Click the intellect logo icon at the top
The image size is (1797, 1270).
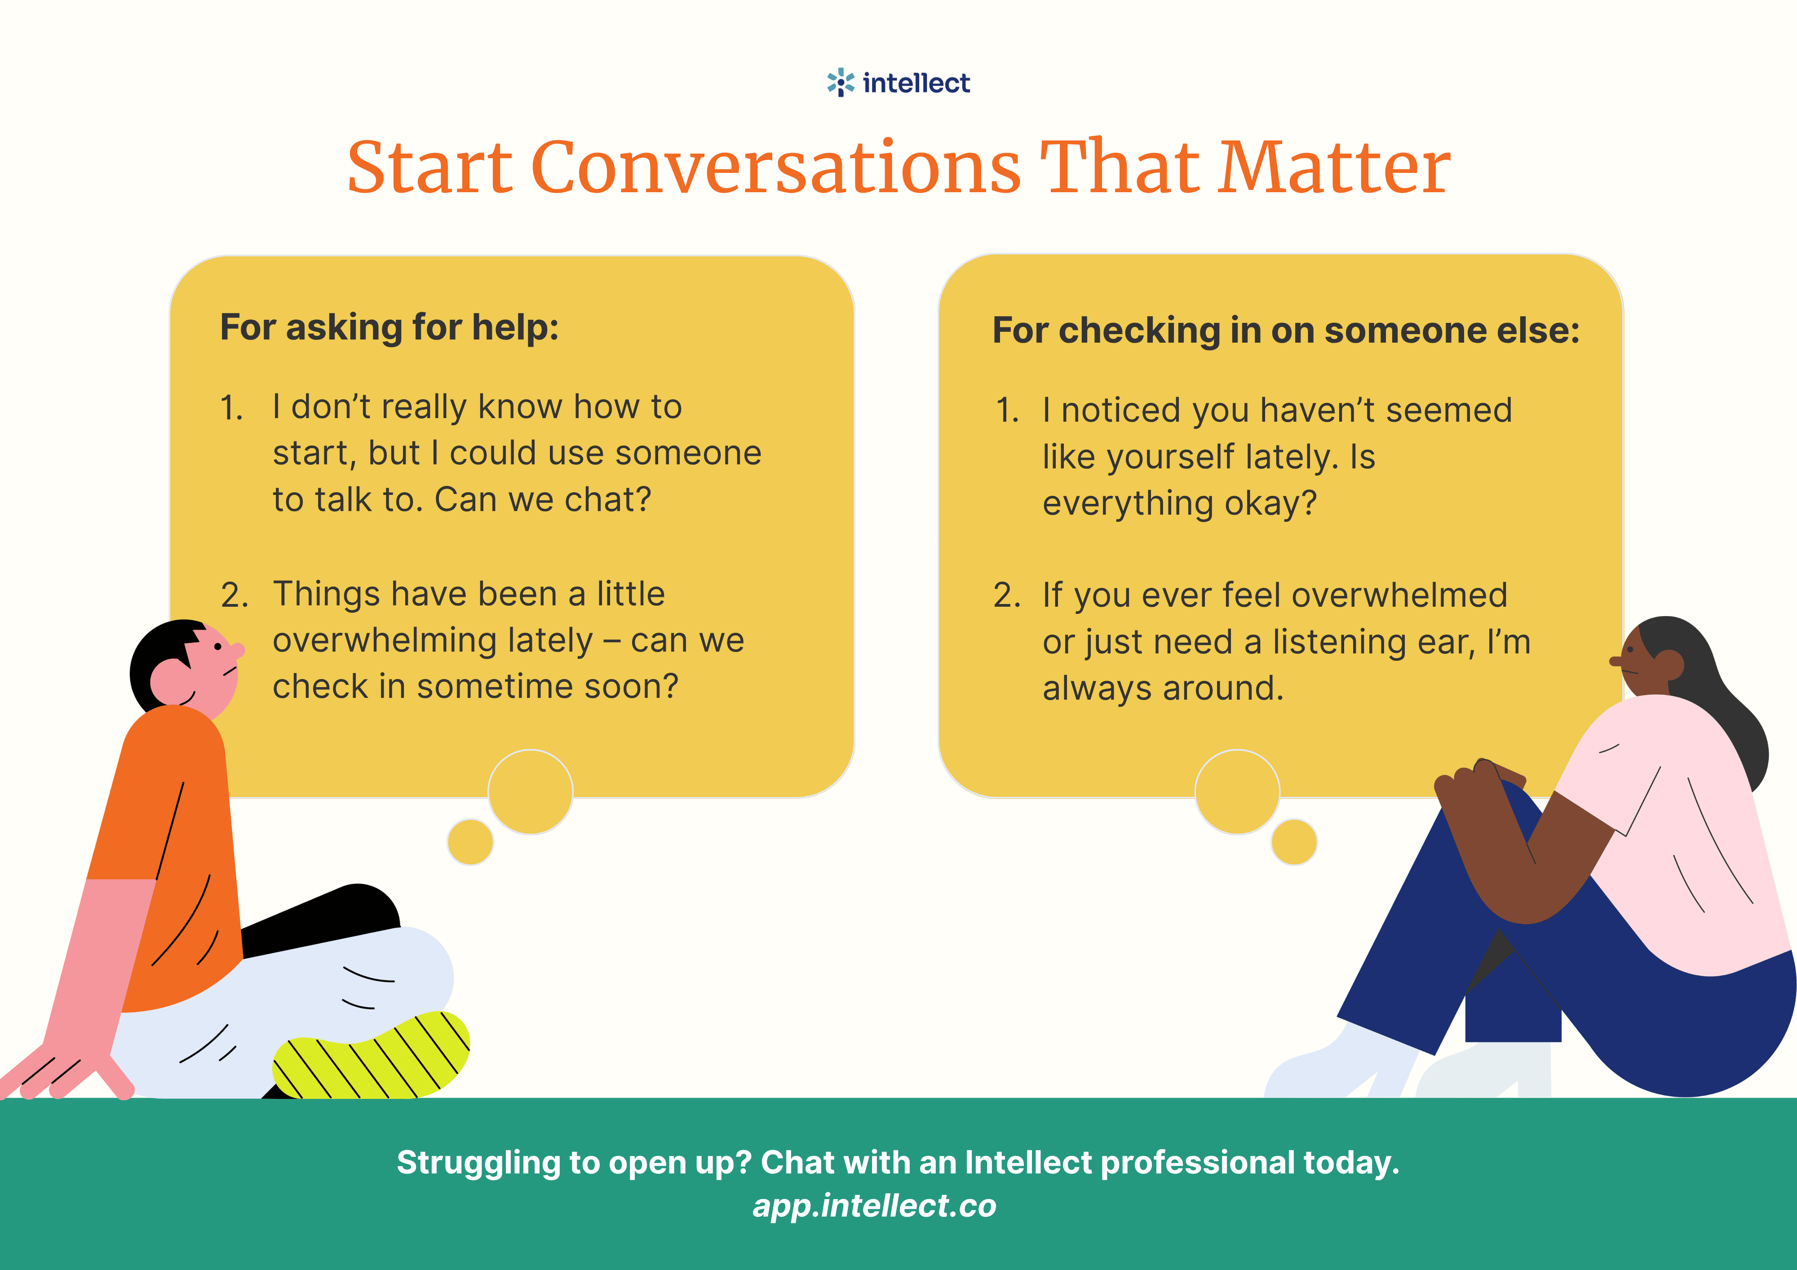(x=841, y=82)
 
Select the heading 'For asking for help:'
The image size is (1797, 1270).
(x=389, y=327)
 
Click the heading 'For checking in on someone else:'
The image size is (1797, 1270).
(x=1286, y=330)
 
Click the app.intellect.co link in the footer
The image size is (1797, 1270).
(x=874, y=1206)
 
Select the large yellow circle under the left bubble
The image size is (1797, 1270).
(x=531, y=792)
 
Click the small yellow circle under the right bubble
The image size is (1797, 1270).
(x=1294, y=842)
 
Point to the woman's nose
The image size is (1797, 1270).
(x=1616, y=661)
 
